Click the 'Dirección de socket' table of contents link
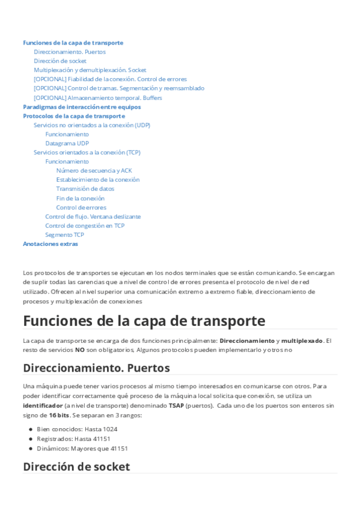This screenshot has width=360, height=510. (x=60, y=61)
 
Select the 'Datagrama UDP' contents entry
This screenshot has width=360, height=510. (x=67, y=143)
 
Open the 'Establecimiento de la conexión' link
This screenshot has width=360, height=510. (x=97, y=179)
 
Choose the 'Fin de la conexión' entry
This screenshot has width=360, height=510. (x=80, y=198)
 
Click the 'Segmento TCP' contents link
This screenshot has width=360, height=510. (x=64, y=235)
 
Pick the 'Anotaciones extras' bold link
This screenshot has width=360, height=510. (x=50, y=244)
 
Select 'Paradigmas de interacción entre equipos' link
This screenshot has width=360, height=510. (x=82, y=106)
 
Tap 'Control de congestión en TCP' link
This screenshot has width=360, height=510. (x=85, y=226)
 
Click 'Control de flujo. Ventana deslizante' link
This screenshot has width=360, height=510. (x=93, y=217)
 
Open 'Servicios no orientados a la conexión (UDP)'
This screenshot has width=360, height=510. (x=92, y=125)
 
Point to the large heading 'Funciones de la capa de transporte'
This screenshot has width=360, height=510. (x=144, y=320)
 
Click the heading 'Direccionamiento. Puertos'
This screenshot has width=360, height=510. (x=96, y=367)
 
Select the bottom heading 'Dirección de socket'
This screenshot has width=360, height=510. (x=76, y=466)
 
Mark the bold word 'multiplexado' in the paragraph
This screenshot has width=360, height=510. (x=302, y=341)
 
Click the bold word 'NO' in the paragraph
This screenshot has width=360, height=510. (x=79, y=349)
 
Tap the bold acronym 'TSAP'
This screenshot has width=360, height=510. (x=176, y=406)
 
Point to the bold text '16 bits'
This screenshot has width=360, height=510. (x=59, y=415)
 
